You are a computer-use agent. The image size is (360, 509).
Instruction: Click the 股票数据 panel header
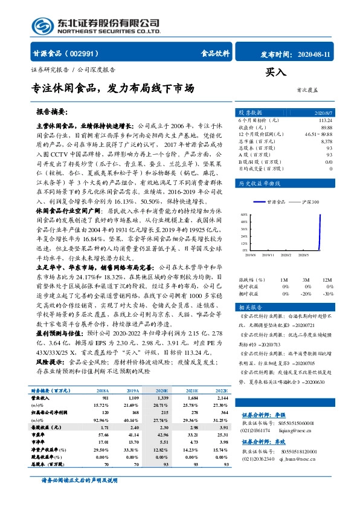tap(250, 113)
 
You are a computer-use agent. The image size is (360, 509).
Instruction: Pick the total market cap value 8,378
tap(326, 140)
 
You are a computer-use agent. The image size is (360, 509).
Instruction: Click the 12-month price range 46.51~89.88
tap(318, 134)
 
